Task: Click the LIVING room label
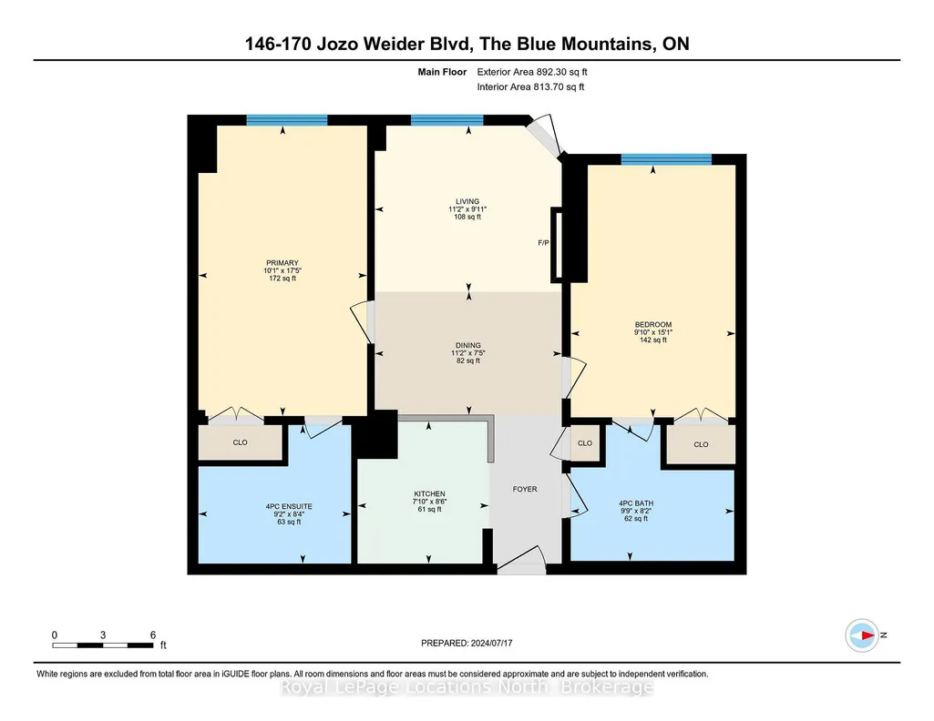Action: click(x=467, y=202)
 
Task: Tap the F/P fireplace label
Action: click(x=543, y=243)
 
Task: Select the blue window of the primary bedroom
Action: click(x=287, y=119)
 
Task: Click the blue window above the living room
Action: click(x=446, y=119)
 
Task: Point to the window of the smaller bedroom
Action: click(x=666, y=158)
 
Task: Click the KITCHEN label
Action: click(x=429, y=493)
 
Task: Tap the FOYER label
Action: click(x=525, y=489)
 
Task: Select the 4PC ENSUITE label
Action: click(x=289, y=507)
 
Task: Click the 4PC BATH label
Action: click(x=636, y=503)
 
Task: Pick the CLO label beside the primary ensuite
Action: click(x=240, y=442)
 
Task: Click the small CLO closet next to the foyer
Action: click(x=585, y=443)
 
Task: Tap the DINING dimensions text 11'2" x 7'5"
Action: click(x=468, y=353)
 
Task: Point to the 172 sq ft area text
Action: click(x=282, y=278)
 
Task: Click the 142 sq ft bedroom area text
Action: click(x=653, y=340)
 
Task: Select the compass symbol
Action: click(x=862, y=635)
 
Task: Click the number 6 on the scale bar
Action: click(x=153, y=635)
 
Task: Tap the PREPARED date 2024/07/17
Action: click(x=491, y=643)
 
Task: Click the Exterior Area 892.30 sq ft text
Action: click(x=532, y=72)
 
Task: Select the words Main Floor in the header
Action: click(x=442, y=72)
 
